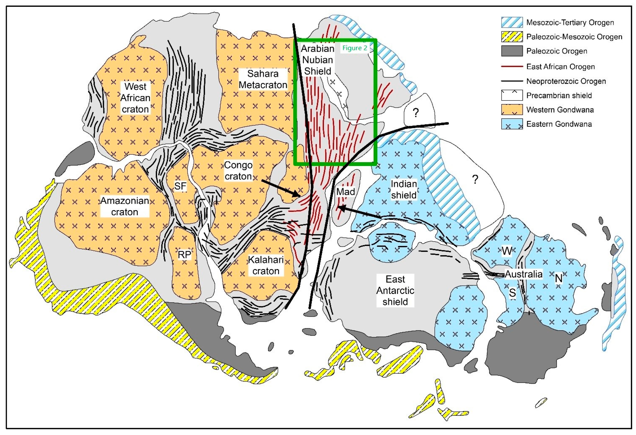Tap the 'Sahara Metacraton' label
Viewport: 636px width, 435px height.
tap(263, 79)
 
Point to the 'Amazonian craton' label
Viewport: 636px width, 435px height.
tap(125, 206)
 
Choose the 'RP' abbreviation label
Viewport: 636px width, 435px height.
tap(184, 255)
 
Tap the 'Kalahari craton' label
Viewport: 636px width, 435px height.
tap(266, 265)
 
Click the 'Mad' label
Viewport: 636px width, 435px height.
tap(345, 192)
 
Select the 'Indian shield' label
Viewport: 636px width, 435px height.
tap(404, 189)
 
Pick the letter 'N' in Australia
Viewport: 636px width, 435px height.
tap(559, 279)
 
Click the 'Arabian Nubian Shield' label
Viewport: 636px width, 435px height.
tap(318, 60)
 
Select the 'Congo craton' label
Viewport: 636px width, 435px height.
tap(238, 171)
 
